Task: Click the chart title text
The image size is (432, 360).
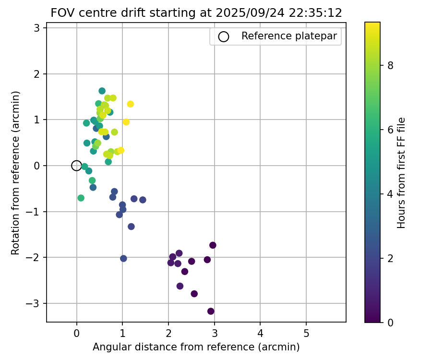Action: pyautogui.click(x=196, y=13)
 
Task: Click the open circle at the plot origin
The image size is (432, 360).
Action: pyautogui.click(x=76, y=166)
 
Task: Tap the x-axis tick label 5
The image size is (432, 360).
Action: pyautogui.click(x=306, y=333)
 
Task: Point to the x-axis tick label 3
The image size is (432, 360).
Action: pyautogui.click(x=214, y=333)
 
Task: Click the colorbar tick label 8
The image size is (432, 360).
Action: pyautogui.click(x=390, y=66)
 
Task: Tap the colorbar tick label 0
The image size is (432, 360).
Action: pyautogui.click(x=390, y=322)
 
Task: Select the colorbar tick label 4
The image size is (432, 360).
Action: pyautogui.click(x=390, y=194)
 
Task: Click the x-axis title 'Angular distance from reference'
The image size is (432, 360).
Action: pyautogui.click(x=196, y=347)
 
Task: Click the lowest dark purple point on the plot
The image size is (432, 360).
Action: pyautogui.click(x=211, y=311)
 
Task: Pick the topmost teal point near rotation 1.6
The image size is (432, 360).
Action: pyautogui.click(x=102, y=91)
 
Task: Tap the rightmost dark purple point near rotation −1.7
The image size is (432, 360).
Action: pyautogui.click(x=213, y=245)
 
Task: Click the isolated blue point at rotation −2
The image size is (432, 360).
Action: pyautogui.click(x=123, y=258)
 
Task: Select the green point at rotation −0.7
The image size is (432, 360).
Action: pyautogui.click(x=81, y=198)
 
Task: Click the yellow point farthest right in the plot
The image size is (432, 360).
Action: pyautogui.click(x=130, y=104)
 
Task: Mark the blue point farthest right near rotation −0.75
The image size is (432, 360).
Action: pyautogui.click(x=143, y=200)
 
